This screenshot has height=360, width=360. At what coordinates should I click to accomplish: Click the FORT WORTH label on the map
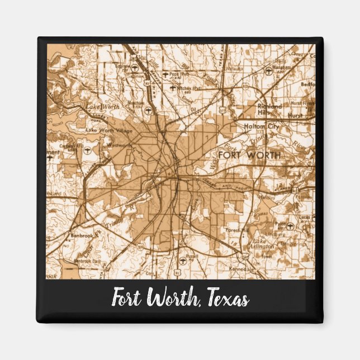[x=250, y=154]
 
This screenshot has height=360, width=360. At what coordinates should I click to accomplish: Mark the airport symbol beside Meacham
[x=148, y=111]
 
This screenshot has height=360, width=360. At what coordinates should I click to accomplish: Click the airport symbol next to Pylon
[x=290, y=226]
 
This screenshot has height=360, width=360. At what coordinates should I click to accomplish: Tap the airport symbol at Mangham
[x=269, y=71]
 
